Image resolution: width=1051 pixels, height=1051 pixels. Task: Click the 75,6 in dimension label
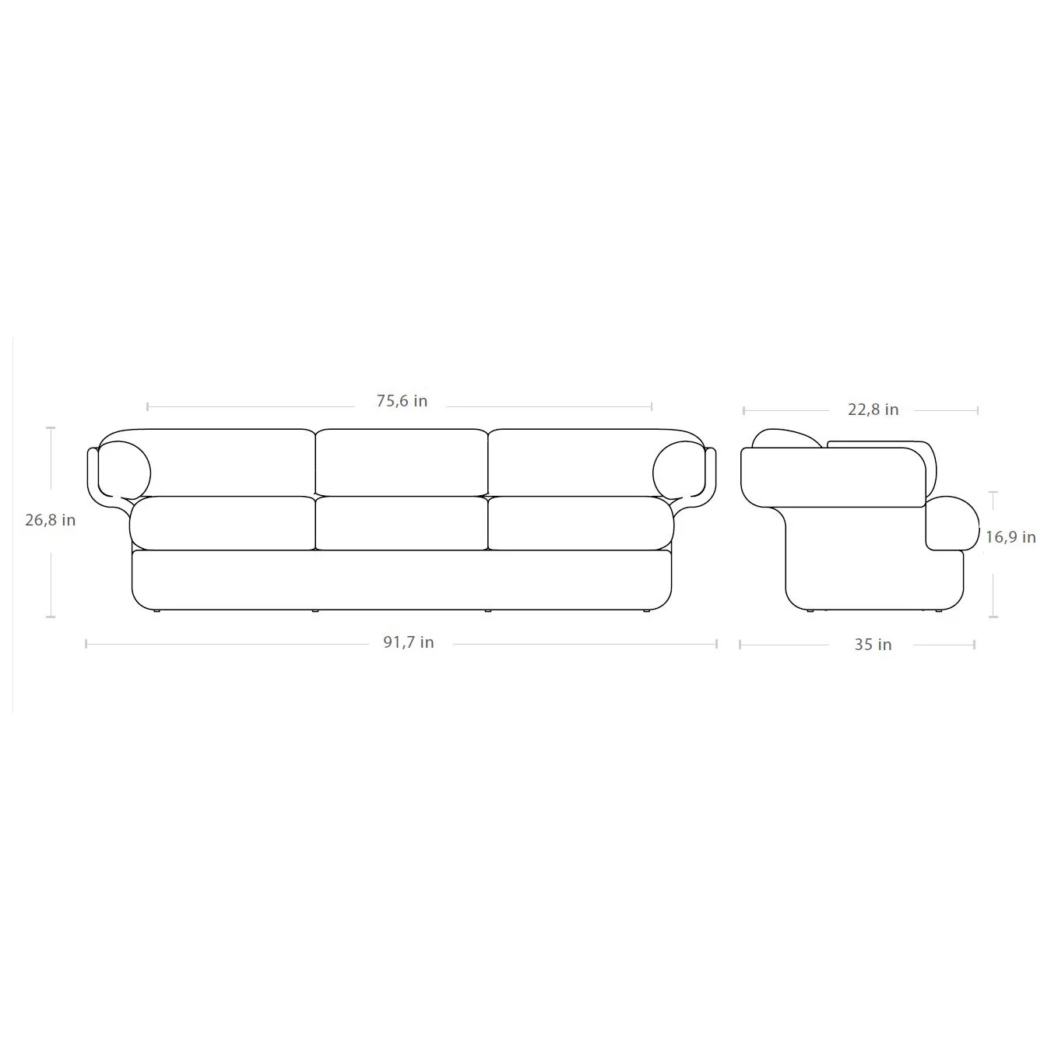(x=402, y=402)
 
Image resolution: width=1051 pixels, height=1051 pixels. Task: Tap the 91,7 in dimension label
(x=409, y=642)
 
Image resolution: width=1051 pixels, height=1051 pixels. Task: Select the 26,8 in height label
(x=50, y=520)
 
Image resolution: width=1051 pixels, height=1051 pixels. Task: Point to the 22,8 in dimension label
(x=873, y=410)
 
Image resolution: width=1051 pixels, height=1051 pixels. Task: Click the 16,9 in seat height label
(x=1010, y=537)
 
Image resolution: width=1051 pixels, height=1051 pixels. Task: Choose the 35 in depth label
(x=873, y=645)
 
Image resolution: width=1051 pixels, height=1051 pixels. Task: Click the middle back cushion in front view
(x=402, y=462)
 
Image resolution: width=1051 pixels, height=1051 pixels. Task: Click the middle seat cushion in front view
(x=402, y=523)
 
